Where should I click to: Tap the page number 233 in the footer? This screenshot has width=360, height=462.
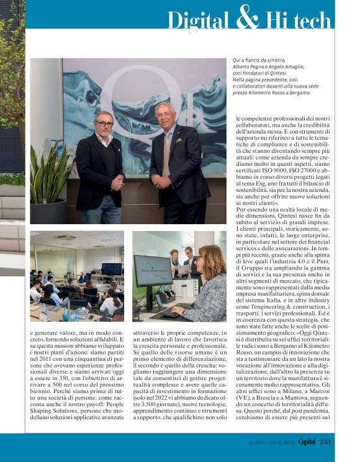(325, 442)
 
